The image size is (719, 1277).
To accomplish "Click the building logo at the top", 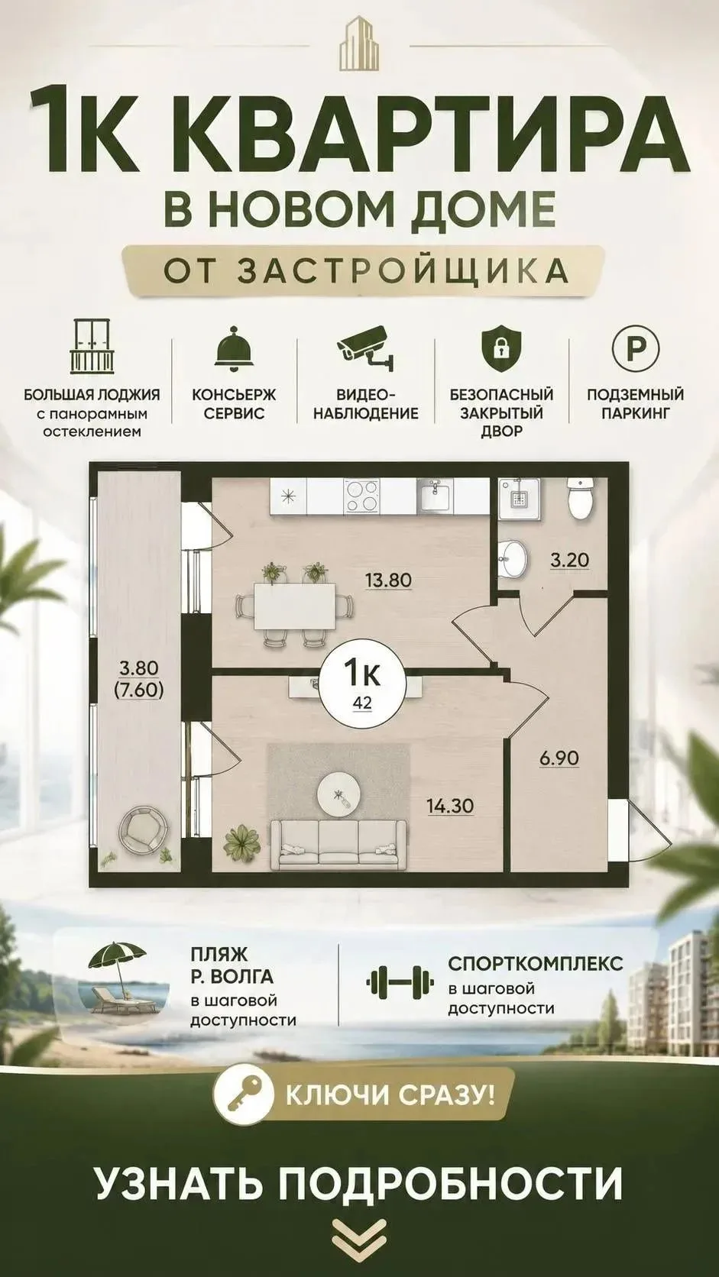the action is (x=359, y=44).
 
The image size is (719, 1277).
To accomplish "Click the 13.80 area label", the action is (x=387, y=581).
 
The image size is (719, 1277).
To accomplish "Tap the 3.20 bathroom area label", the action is (x=569, y=561).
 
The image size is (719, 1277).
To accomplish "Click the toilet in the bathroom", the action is (x=581, y=498).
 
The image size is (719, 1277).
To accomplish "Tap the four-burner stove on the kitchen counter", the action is (x=361, y=495).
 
